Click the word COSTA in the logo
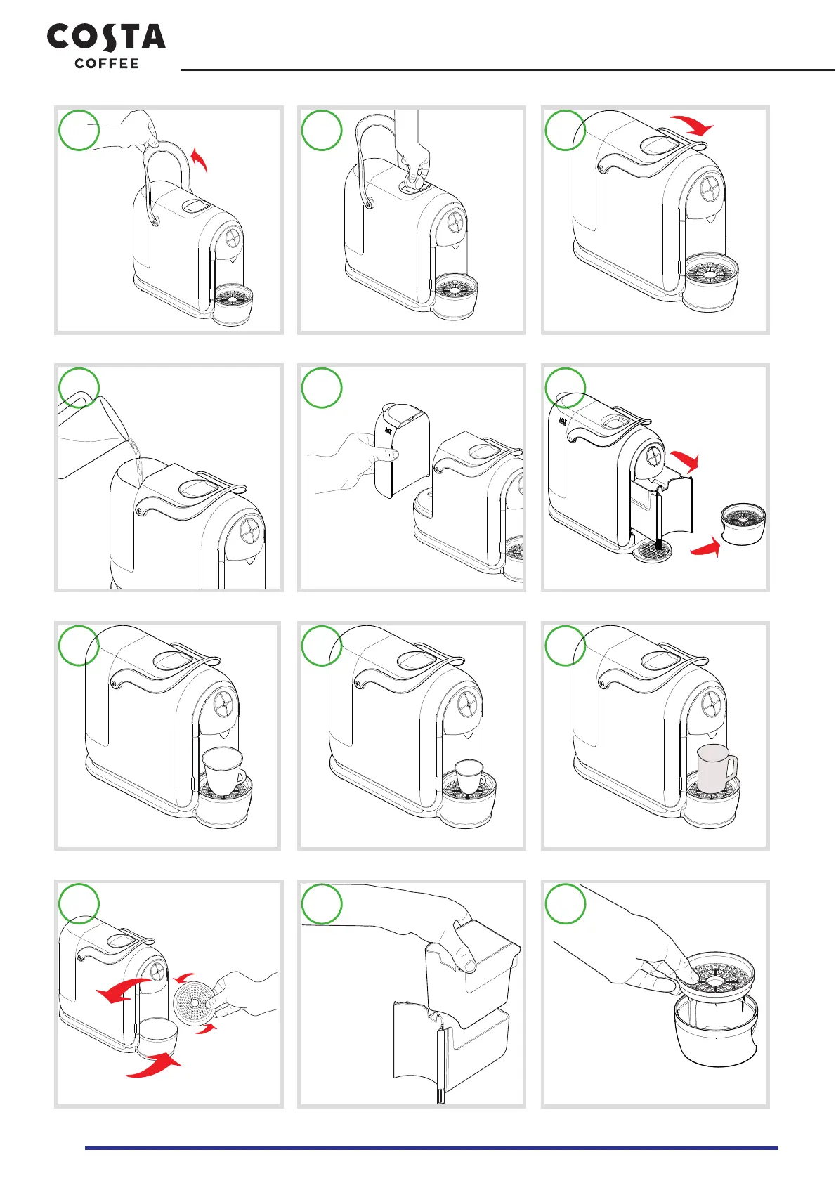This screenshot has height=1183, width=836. [106, 37]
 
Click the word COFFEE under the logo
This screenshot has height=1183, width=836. [107, 64]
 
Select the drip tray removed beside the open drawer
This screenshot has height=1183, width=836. [743, 523]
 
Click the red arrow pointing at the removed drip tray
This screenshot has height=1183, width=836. [706, 547]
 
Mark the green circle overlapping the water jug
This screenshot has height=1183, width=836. [79, 388]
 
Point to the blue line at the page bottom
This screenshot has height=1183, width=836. [431, 1148]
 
